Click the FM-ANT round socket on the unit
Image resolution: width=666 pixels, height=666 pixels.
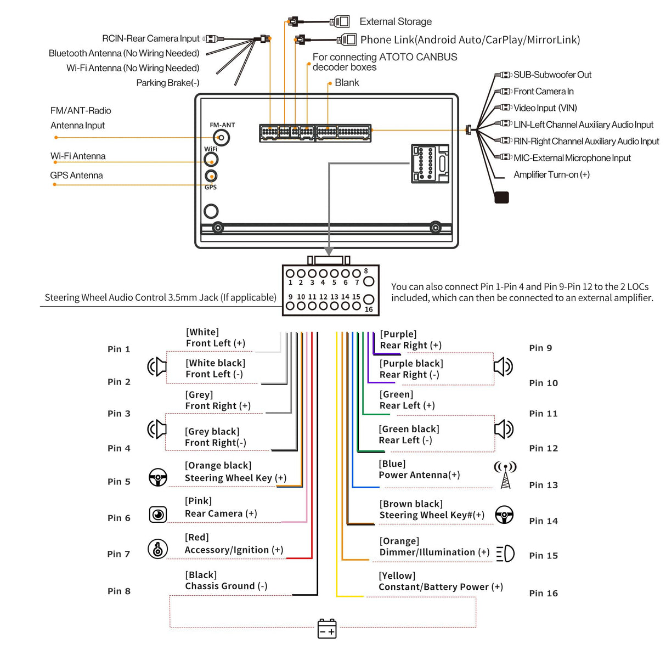(x=221, y=137)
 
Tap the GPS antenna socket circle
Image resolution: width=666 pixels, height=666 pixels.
(x=211, y=176)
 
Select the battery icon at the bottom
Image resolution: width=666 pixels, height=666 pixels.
(x=327, y=629)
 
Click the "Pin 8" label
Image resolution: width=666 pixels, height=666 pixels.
(x=119, y=591)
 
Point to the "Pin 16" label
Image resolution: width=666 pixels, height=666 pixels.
(x=543, y=593)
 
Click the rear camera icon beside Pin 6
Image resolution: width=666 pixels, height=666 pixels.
(x=158, y=514)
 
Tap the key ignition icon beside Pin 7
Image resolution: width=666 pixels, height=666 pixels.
(x=158, y=549)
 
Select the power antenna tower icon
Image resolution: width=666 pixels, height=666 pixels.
(x=505, y=475)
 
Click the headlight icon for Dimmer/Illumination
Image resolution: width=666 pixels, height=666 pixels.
(x=505, y=554)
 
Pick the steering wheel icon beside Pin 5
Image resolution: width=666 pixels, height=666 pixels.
(x=158, y=477)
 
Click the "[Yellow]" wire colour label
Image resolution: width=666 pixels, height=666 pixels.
(x=397, y=575)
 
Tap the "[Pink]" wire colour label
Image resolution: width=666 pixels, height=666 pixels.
(x=198, y=501)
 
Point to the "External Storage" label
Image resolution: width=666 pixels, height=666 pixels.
(x=396, y=21)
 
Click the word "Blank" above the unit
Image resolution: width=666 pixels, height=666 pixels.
(x=347, y=82)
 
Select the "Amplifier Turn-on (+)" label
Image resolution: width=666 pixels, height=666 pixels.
(x=551, y=174)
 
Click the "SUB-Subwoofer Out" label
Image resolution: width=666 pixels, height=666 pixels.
(x=552, y=75)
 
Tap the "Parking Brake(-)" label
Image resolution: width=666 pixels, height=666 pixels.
(x=168, y=83)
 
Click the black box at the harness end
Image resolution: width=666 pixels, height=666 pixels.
(x=501, y=197)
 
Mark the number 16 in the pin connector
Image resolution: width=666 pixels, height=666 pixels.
(x=369, y=309)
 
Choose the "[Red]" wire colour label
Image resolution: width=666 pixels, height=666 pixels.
(x=197, y=537)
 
